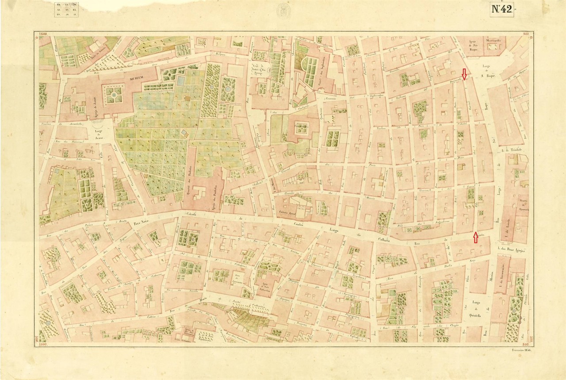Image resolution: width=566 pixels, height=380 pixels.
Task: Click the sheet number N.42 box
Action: (501, 10)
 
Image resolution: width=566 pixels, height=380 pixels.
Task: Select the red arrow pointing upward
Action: (475, 238)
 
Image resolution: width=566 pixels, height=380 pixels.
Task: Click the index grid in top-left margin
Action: (65, 9)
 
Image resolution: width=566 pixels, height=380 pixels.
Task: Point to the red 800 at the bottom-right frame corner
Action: (525, 343)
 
